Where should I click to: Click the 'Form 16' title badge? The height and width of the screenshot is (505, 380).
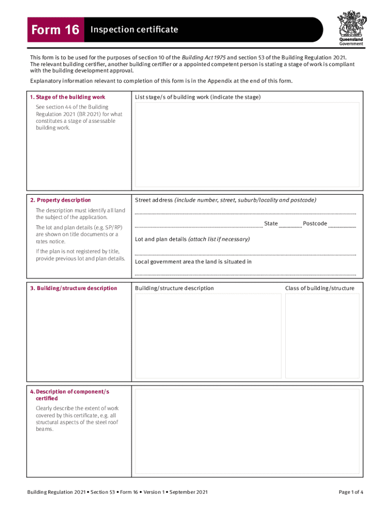[x=55, y=30]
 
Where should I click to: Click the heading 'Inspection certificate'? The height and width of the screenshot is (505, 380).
[x=133, y=30]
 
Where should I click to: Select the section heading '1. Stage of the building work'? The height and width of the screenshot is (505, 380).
[x=68, y=97]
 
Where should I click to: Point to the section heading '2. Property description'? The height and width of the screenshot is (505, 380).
[x=60, y=200]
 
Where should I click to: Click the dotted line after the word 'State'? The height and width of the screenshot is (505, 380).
[x=290, y=227]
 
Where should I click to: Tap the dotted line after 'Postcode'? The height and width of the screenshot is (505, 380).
[x=342, y=227]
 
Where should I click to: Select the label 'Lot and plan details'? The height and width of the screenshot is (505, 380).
[x=160, y=239]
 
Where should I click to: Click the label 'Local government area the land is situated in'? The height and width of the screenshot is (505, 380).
[x=193, y=262]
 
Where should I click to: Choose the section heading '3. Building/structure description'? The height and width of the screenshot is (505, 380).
[x=74, y=289]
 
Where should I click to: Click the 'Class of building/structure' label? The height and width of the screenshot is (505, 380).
[x=319, y=289]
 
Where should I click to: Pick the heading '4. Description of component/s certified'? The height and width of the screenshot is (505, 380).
[x=72, y=395]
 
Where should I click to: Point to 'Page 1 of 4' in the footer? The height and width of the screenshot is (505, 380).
[x=351, y=492]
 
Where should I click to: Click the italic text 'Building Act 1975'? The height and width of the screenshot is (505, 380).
[x=204, y=58]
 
